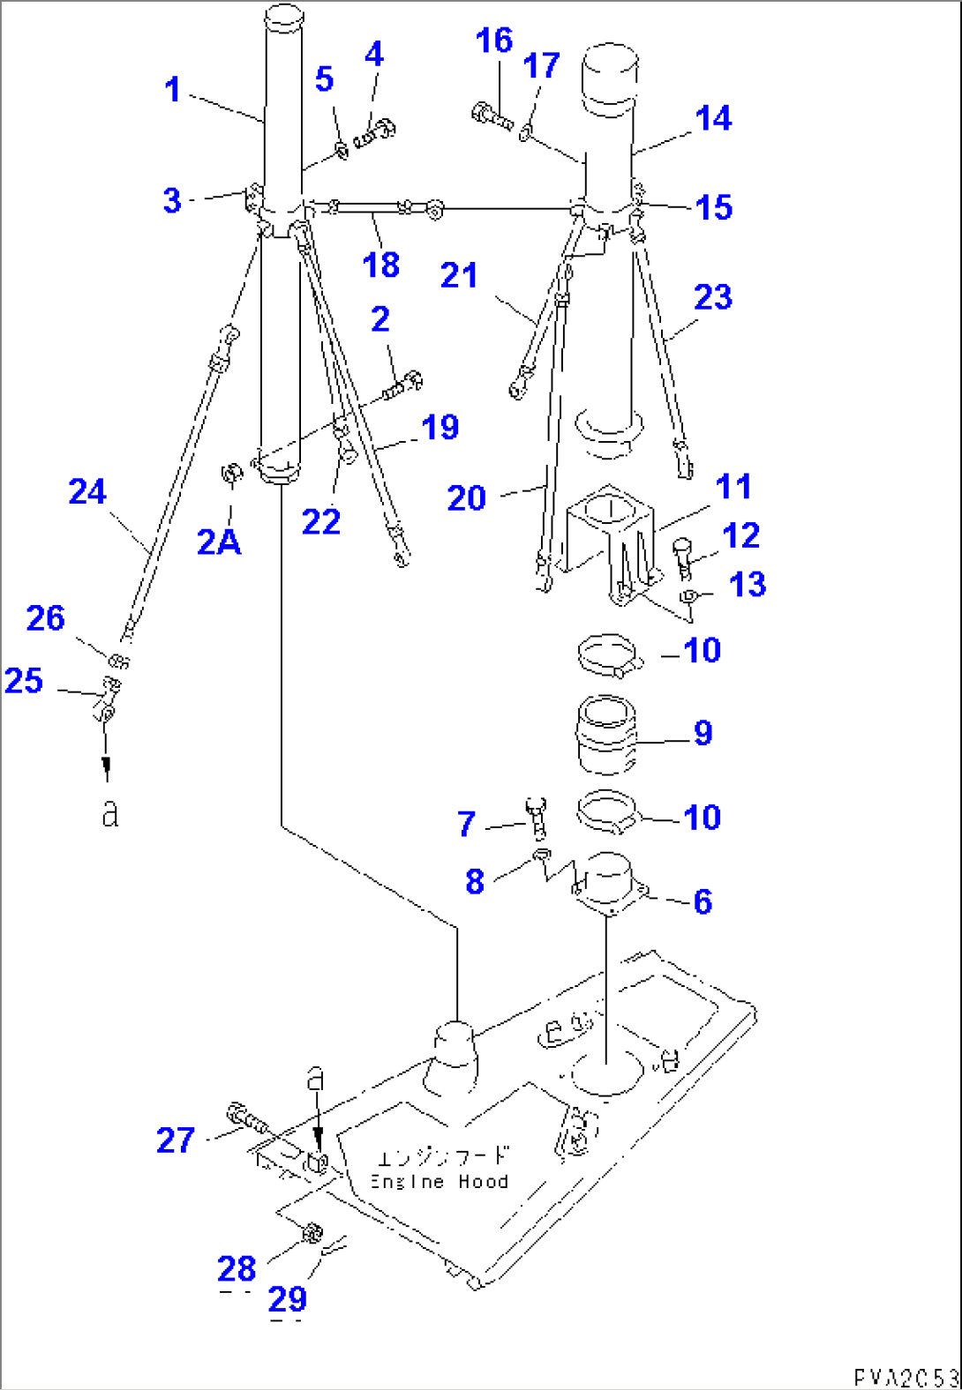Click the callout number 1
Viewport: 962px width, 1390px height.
[173, 89]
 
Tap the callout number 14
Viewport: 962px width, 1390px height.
[713, 118]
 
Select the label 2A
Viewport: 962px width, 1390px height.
[219, 542]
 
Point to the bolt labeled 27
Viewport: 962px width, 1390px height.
[246, 1120]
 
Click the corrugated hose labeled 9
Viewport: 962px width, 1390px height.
[605, 736]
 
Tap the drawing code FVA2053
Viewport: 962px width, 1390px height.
[906, 1377]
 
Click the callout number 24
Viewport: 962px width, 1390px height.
[87, 491]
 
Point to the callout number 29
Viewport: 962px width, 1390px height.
[288, 1299]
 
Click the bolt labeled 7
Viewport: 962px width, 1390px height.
[536, 817]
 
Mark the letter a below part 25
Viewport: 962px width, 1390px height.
[109, 813]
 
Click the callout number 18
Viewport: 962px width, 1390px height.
[380, 265]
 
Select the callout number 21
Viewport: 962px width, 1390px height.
[459, 275]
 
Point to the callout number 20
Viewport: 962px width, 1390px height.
[467, 498]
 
